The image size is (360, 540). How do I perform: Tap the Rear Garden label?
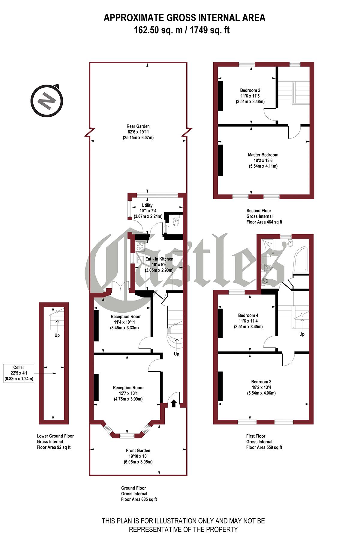[x=138, y=132]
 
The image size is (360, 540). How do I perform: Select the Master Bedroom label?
[x=263, y=160]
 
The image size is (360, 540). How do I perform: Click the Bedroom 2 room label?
[x=250, y=96]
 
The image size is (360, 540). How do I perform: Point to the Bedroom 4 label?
[x=248, y=321]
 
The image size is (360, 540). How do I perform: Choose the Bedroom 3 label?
[x=261, y=387]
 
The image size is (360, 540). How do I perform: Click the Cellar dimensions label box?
[x=19, y=373]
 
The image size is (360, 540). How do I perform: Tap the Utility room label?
[x=147, y=211]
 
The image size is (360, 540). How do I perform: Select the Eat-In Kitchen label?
[x=159, y=264]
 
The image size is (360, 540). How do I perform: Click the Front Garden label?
[x=138, y=456]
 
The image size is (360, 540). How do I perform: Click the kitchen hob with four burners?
[x=140, y=246]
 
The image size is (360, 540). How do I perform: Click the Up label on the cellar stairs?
[x=57, y=335]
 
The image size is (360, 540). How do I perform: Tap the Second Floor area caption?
[x=264, y=216]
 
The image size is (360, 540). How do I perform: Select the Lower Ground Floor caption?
[x=55, y=442]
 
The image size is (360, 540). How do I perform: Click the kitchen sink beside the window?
[x=140, y=259]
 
